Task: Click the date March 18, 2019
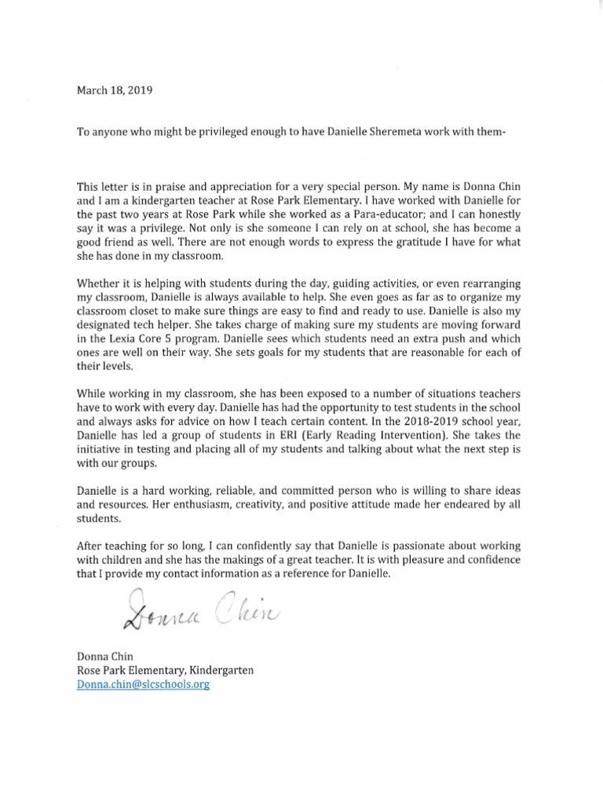pos(114,90)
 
